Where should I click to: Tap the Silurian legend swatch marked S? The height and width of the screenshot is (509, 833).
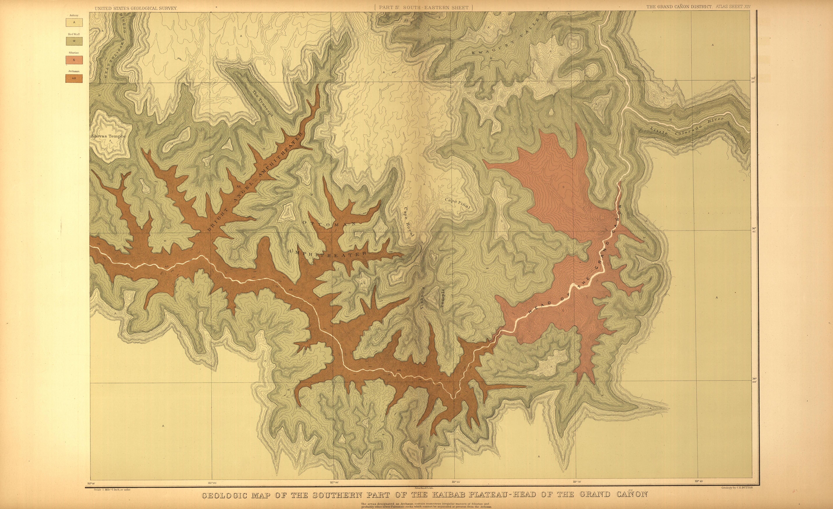[x=74, y=60]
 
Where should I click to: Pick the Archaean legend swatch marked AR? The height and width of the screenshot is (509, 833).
[x=74, y=78]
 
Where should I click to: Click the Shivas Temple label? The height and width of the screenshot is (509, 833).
[x=108, y=136]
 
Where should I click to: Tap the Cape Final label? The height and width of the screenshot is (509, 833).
[x=457, y=204]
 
